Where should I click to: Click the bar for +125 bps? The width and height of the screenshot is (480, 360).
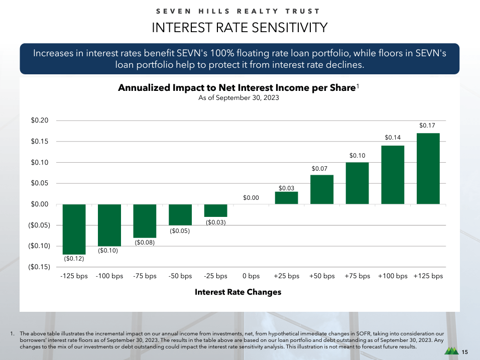[x=428, y=169]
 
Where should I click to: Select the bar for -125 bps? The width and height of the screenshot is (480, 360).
[x=74, y=229]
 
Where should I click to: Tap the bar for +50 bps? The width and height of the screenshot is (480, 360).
[x=322, y=189]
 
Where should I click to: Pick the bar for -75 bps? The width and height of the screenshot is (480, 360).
[x=145, y=221]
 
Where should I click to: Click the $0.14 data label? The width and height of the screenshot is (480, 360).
[x=393, y=137]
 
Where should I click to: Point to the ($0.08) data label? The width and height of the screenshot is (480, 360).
[x=145, y=243]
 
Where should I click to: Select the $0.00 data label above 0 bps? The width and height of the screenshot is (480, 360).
[x=251, y=198]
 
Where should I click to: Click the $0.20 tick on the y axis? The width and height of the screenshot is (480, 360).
[x=40, y=121]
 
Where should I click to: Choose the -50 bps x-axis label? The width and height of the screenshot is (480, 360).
[x=180, y=276]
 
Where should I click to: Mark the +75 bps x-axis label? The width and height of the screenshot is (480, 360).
[x=357, y=276]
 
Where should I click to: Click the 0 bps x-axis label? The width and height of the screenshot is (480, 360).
[x=251, y=276]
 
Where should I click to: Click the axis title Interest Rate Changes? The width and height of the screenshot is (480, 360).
[x=238, y=292]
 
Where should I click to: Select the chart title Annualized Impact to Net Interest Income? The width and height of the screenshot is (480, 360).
[x=236, y=88]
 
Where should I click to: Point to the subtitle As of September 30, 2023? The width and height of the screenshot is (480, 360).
[x=238, y=98]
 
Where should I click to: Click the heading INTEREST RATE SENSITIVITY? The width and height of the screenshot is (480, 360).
[x=240, y=28]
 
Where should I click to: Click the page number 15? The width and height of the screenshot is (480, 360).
[x=465, y=352]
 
